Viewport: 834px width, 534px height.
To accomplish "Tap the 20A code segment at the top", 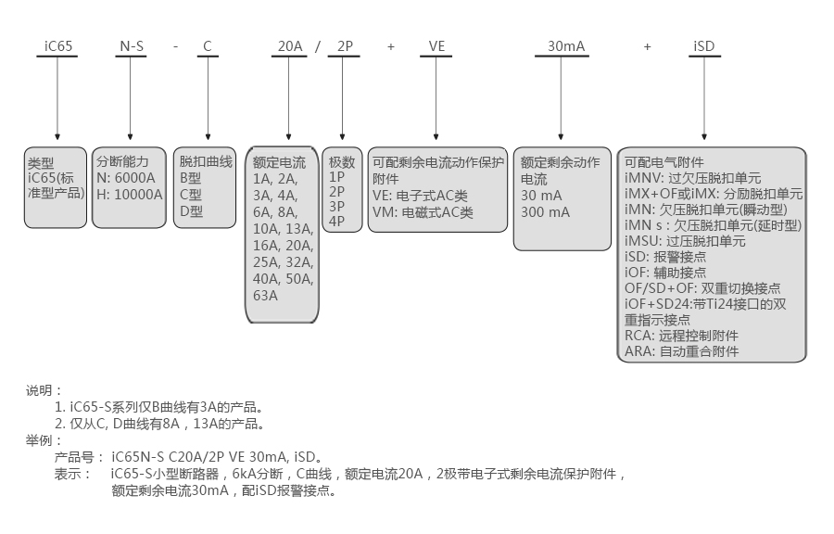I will pos(291,45).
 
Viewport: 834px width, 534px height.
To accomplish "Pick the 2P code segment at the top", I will pos(346,45).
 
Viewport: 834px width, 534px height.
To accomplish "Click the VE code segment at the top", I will pos(437,45).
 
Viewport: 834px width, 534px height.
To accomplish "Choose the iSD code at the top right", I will pos(704,45).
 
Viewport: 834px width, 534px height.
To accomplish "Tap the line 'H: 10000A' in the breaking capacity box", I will pos(130,194).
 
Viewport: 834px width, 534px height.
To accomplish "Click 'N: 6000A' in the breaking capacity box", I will pos(126,178).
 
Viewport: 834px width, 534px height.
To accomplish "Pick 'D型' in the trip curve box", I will pos(191,210).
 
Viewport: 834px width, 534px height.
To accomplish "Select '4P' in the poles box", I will pos(336,221).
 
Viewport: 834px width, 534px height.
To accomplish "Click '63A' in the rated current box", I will pos(265,296).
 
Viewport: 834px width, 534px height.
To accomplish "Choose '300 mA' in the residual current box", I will pos(546,212).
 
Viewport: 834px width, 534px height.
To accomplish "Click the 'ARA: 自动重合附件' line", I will pos(681,351).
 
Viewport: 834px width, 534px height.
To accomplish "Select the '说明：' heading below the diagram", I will pos(44,390).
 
